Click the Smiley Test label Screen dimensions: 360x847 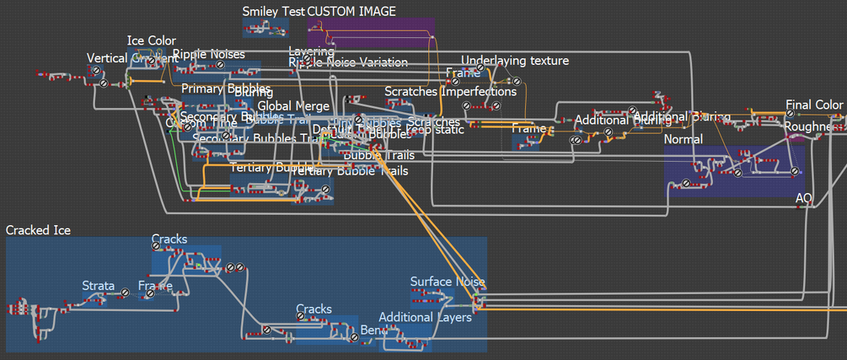273,11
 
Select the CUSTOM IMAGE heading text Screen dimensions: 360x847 351,11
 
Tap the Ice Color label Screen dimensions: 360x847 152,40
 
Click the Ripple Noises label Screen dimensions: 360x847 209,54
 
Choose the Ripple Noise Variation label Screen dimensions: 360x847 348,62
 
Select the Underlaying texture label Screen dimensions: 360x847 515,61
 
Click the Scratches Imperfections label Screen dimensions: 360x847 450,91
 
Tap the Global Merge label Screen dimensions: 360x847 293,105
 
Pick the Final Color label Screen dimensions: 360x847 814,105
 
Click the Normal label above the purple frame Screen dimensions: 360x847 683,138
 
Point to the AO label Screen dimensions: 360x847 805,198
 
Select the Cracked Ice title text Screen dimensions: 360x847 39,230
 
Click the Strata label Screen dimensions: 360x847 99,286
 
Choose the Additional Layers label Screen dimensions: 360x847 425,317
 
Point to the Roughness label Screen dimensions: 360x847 814,126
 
